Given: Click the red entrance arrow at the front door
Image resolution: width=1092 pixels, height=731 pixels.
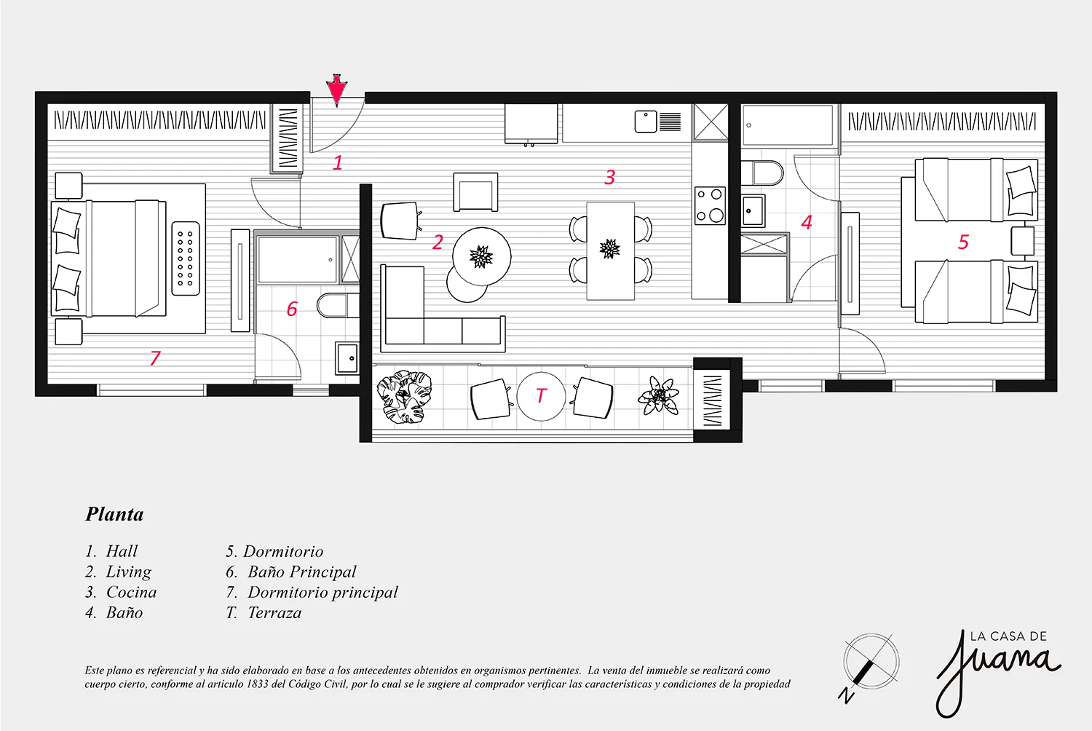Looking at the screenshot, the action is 336,90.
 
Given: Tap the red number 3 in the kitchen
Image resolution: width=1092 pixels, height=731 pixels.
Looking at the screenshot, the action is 609,177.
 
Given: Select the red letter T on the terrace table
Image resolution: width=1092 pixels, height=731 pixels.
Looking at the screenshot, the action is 541,395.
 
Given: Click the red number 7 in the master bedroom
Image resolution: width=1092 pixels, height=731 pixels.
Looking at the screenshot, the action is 155,358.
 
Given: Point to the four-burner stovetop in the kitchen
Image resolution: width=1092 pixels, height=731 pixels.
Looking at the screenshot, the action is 710,206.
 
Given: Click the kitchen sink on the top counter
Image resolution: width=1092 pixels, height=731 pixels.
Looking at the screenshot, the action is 646,122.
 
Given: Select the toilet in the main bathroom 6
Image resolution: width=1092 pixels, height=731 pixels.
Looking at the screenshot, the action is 337,305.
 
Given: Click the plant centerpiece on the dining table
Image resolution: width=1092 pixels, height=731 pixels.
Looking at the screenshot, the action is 609,249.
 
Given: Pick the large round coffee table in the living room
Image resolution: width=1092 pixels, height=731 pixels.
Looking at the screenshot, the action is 482,256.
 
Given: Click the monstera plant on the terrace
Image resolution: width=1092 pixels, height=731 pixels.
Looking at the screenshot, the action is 404,396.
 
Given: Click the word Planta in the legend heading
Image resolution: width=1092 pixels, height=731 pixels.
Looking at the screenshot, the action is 114,515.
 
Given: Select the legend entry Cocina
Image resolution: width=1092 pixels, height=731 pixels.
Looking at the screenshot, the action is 131,592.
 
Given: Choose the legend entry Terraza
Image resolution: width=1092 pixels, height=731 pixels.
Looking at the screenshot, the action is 274,612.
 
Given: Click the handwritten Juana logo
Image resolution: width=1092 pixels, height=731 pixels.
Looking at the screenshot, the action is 997,672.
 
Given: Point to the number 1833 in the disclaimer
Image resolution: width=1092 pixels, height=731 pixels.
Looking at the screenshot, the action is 258,684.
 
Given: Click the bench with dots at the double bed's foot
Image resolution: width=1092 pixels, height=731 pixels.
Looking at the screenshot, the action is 186,258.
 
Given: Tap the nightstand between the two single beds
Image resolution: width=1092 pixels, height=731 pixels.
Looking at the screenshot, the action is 1022,241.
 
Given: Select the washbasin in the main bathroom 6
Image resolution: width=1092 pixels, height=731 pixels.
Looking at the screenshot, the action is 347,358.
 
